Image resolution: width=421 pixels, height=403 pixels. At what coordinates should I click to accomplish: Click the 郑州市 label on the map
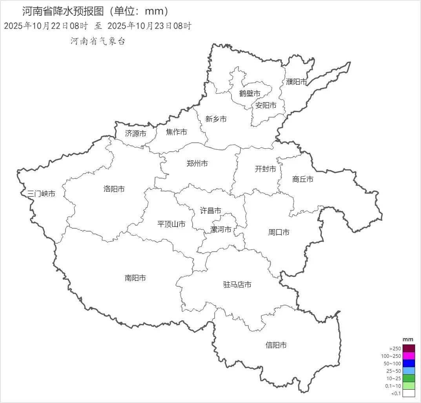[x=197, y=164]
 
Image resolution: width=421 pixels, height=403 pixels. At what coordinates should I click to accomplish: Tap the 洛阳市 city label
[x=114, y=189]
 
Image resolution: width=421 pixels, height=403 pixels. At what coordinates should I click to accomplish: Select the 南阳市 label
[x=135, y=278]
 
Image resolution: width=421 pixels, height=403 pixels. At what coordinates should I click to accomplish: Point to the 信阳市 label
[x=276, y=345]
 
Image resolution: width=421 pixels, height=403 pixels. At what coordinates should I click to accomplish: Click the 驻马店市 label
[x=237, y=285]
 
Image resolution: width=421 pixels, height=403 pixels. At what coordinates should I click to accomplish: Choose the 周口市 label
[x=279, y=232]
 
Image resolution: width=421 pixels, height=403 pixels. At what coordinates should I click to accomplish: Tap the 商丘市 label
[x=303, y=179]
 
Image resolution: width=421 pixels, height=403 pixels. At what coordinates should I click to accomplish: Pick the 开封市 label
[x=265, y=169]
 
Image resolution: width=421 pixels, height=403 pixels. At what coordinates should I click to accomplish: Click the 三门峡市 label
[x=41, y=193]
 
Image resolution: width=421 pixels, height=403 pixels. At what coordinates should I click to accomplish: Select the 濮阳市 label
[x=296, y=82]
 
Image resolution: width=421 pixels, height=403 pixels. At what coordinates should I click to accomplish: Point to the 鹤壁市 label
[x=250, y=94]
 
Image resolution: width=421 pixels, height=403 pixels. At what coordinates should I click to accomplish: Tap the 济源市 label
[x=135, y=134]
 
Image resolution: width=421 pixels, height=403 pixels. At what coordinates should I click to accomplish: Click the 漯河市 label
[x=221, y=230]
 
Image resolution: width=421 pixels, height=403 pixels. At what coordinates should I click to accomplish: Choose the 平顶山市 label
[x=171, y=224]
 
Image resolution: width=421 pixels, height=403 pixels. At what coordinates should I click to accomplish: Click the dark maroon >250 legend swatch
[x=408, y=348]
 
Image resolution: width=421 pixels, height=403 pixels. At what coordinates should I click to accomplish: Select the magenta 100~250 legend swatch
[x=408, y=356]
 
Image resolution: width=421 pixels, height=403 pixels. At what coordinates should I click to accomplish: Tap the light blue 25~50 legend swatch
[x=408, y=371]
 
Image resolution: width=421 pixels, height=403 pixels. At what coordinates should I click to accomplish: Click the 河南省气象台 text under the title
[x=98, y=41]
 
